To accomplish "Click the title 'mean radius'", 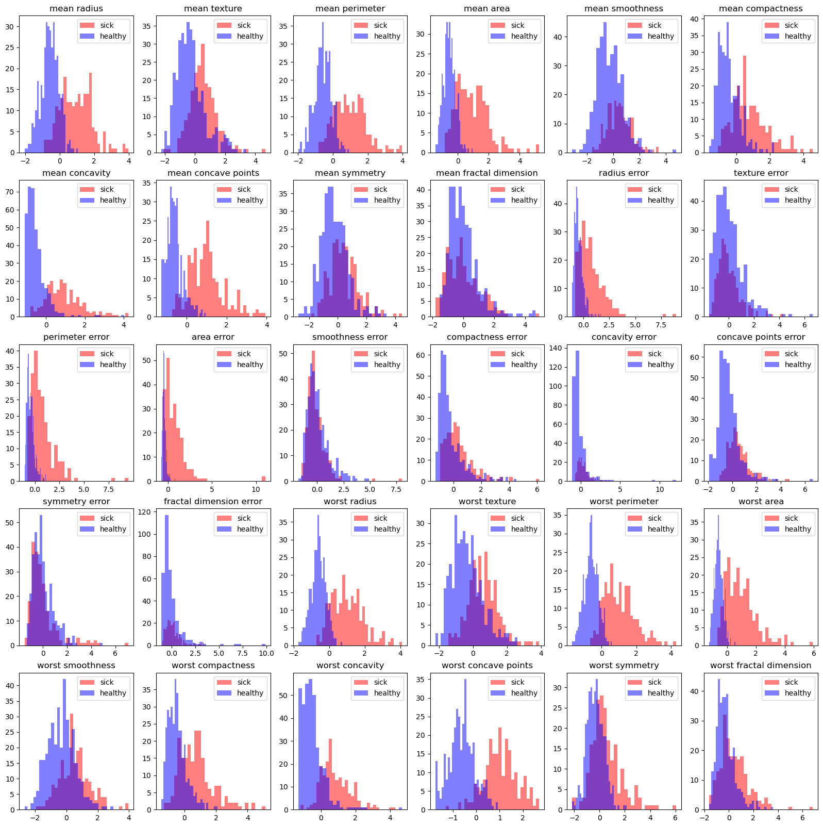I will coord(76,9).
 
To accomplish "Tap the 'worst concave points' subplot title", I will coord(487,666).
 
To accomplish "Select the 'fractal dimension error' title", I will coord(213,502).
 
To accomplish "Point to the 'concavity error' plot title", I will coord(624,337).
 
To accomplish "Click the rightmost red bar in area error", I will coord(263,479).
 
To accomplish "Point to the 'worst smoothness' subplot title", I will coord(76,666).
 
